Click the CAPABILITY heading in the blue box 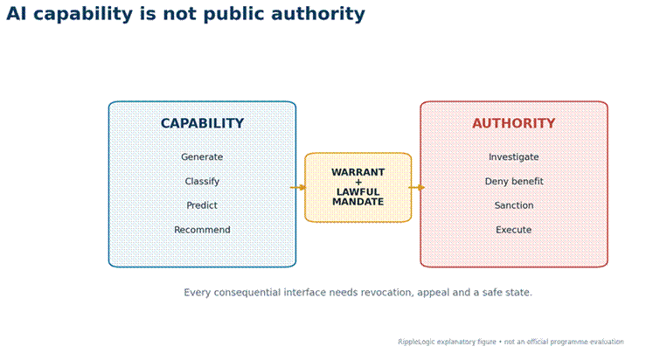203,123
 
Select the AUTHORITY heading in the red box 514,123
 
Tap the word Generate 202,157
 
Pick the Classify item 202,182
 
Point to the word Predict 202,205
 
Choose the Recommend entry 202,230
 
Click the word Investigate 514,157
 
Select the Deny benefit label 514,182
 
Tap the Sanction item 514,205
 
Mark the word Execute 513,230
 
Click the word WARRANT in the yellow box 358,172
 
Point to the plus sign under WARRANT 358,183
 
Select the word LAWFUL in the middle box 358,192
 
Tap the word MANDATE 358,202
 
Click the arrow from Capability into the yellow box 298,187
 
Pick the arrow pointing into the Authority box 417,187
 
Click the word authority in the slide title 317,14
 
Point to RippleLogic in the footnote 416,342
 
